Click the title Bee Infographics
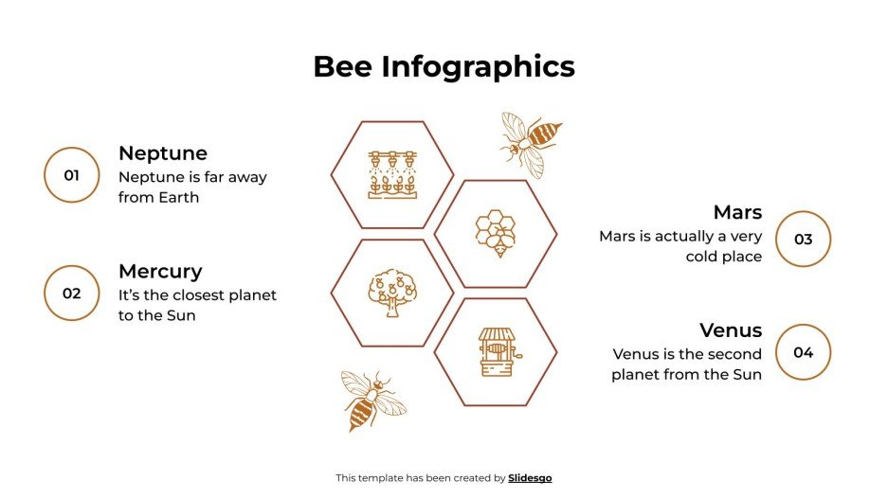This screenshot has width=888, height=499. click(444, 66)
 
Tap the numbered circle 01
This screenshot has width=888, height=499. click(71, 175)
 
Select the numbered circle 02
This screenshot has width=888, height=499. click(71, 293)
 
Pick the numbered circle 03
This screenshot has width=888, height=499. click(803, 239)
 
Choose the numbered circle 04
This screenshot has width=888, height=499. click(803, 352)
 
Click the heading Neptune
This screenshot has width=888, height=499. click(162, 152)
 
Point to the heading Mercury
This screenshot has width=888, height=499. click(160, 271)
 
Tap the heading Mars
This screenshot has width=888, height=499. click(737, 212)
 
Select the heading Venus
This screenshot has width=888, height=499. click(731, 330)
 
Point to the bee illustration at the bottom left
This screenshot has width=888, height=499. click(371, 401)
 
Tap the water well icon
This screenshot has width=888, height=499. click(496, 352)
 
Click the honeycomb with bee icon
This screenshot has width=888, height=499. click(496, 234)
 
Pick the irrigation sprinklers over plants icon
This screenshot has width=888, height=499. click(392, 174)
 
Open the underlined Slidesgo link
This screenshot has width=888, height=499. click(530, 478)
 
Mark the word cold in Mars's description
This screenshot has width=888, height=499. click(705, 257)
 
